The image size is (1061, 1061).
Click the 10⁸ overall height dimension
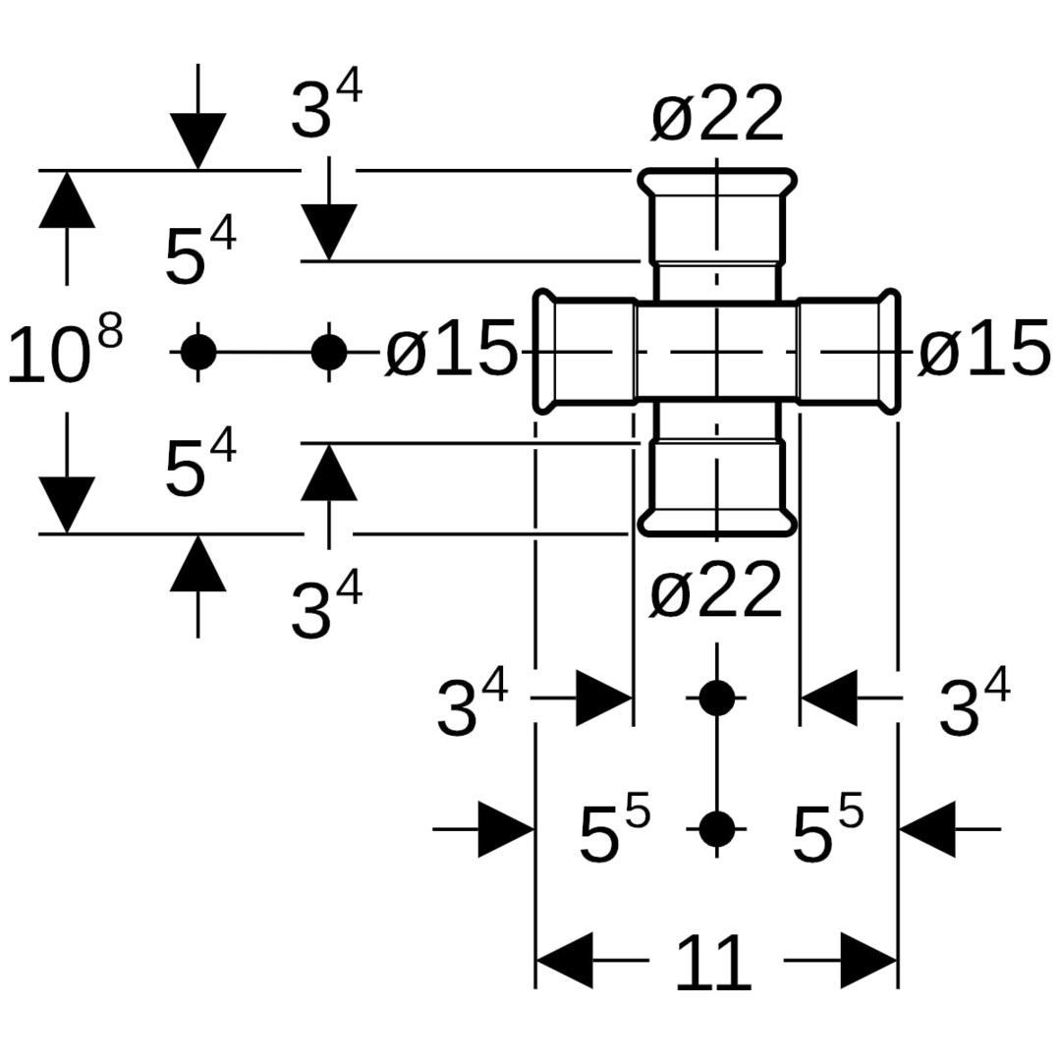click(x=64, y=352)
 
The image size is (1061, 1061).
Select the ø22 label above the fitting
click(x=717, y=116)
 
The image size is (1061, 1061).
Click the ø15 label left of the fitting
click(x=450, y=350)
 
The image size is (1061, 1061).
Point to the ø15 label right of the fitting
click(x=983, y=350)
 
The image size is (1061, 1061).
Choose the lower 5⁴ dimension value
click(x=199, y=468)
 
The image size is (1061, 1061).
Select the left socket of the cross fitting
click(x=587, y=351)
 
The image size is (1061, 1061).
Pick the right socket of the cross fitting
click(x=847, y=351)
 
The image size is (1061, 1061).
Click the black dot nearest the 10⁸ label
click(x=198, y=351)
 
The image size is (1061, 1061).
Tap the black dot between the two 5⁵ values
click(x=717, y=829)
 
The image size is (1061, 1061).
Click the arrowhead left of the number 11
click(x=565, y=960)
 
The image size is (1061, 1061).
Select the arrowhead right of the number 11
click(x=868, y=960)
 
